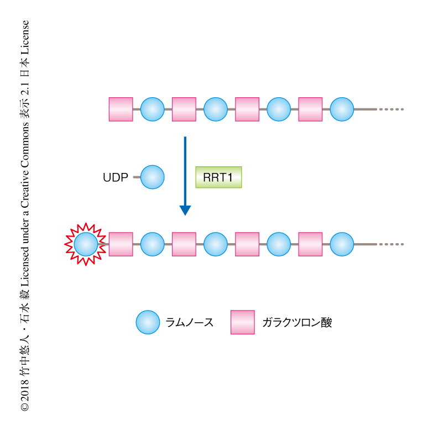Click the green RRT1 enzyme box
[218, 178]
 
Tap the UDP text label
[116, 178]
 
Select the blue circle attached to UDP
[152, 177]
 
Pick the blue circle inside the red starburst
[86, 244]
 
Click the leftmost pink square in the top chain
[121, 109]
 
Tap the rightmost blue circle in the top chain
[342, 109]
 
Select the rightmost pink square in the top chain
[310, 109]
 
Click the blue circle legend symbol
[148, 322]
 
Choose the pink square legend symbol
[242, 322]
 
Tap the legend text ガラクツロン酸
[297, 323]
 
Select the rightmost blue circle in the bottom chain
[342, 244]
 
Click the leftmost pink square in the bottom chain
[121, 244]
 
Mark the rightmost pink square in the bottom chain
[310, 244]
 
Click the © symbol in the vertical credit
[24, 407]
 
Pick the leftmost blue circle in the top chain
[152, 109]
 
